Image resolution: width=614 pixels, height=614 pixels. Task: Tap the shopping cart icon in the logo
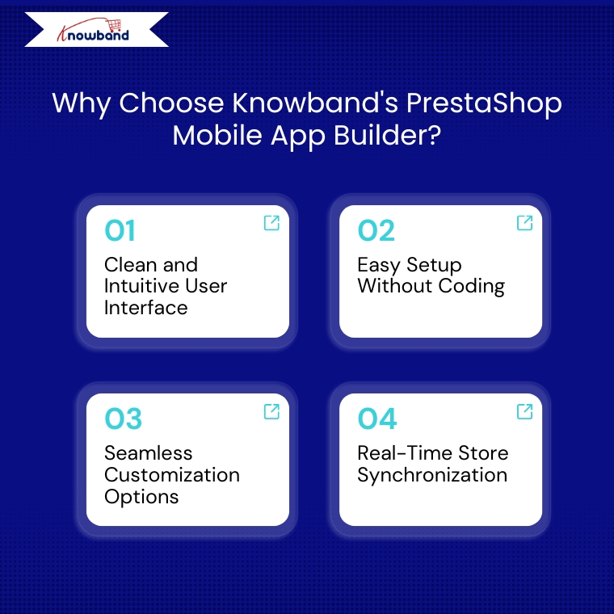coord(115,26)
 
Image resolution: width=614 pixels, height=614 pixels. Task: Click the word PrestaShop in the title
coord(484,103)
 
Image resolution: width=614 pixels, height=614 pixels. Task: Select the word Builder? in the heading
coord(387,135)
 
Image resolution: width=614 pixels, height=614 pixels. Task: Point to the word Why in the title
coord(82,103)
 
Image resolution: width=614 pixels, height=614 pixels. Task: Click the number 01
coord(120,230)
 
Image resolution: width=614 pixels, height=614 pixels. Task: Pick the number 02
coord(376,230)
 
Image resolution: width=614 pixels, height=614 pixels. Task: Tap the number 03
coord(123,418)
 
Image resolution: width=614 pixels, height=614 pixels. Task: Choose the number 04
coord(377,418)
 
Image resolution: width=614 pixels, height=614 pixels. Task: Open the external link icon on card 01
coord(271,223)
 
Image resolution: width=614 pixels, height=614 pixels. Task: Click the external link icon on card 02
coord(524,223)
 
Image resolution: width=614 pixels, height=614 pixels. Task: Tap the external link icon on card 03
coord(271,411)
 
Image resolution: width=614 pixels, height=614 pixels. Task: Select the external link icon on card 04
coord(524,411)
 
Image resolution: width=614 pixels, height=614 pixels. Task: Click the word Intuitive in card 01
coord(142,285)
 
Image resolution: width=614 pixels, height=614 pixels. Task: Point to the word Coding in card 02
coord(472,287)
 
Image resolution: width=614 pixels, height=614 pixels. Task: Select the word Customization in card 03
coord(172,474)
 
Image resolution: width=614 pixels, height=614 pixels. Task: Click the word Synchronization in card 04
coord(432,476)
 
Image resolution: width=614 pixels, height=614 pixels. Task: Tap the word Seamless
coord(149,453)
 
